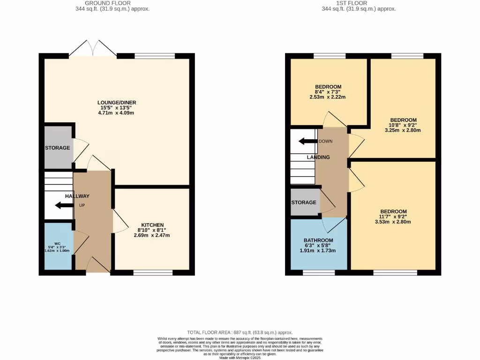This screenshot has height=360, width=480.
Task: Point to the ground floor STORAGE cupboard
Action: [x=58, y=148]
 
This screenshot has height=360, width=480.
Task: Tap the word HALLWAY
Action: [x=77, y=196]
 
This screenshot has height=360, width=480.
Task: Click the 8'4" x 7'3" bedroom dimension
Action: [x=328, y=92]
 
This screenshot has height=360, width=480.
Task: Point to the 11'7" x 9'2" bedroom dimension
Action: [x=393, y=217]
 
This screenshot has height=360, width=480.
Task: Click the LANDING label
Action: [x=318, y=157]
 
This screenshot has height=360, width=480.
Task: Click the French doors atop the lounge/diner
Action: [x=93, y=49]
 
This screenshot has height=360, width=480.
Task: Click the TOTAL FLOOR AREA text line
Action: [x=240, y=331]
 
